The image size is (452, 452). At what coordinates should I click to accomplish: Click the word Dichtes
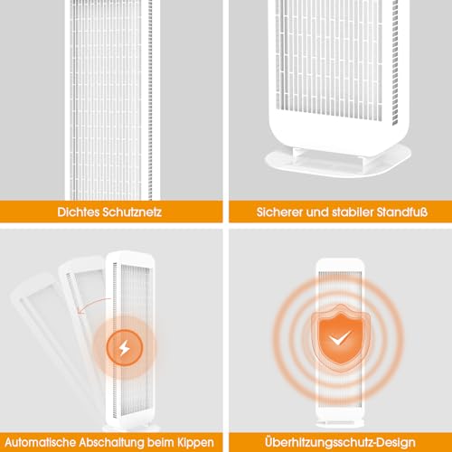click(79, 212)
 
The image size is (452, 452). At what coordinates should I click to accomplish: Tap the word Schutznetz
click(132, 212)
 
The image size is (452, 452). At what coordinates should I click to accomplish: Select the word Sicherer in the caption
click(280, 212)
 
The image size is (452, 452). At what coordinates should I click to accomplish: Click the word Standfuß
click(402, 212)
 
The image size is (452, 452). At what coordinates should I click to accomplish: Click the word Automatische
click(41, 442)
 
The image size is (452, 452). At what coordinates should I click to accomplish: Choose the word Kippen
click(195, 443)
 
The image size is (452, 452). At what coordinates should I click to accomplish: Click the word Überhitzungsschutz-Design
click(340, 442)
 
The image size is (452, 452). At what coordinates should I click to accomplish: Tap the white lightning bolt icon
click(124, 348)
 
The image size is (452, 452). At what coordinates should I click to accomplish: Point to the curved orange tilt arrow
click(92, 305)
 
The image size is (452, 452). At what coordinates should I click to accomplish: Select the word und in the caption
click(317, 212)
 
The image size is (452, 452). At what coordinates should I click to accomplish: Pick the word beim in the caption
click(160, 442)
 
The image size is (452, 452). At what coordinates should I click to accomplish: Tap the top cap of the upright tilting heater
click(130, 257)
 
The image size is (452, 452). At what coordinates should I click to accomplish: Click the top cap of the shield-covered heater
click(339, 265)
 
